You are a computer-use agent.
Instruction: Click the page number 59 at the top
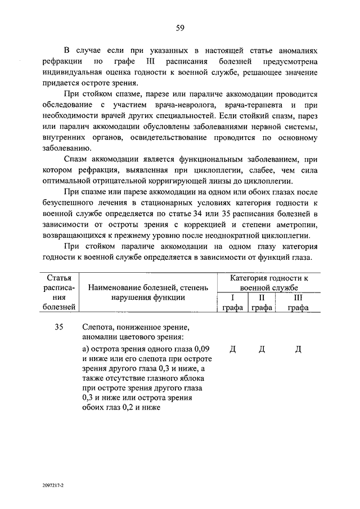click(180, 28)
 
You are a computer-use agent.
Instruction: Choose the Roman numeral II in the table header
click(261, 298)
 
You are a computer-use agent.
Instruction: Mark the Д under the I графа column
click(233, 349)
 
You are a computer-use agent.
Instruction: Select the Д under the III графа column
click(298, 349)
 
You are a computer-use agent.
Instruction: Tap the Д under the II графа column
click(262, 349)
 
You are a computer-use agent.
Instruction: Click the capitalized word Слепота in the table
click(100, 327)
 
